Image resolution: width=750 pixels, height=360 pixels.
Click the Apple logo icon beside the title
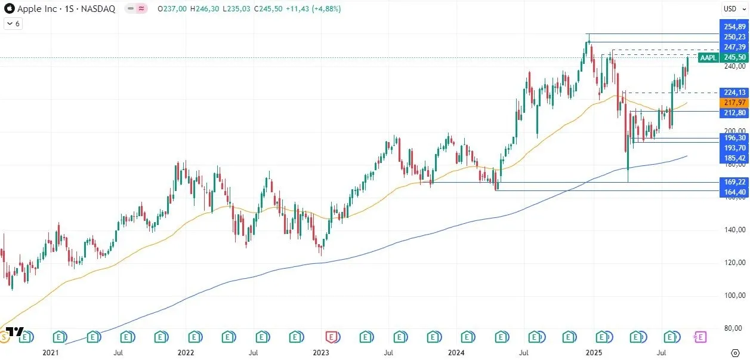pos(10,9)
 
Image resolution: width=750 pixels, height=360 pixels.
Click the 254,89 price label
pos(734,27)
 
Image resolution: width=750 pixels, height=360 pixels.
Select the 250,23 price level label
pos(734,37)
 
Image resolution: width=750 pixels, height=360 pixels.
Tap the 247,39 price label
pos(734,47)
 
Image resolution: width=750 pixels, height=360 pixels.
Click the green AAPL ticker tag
pos(709,57)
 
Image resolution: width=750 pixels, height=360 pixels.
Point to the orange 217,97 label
pos(734,103)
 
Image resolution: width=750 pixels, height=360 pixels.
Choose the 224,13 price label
pos(734,93)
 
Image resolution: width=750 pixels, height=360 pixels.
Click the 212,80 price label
pos(734,113)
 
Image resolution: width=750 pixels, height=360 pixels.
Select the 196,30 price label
pos(734,137)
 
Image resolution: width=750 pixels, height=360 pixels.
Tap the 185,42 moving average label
pos(734,158)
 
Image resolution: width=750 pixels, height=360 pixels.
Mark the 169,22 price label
pos(734,182)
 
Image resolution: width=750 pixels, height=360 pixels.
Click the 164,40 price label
pos(734,192)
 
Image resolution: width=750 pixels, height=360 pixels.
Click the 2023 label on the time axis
pos(321,353)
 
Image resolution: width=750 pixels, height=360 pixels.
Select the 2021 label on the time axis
pos(51,353)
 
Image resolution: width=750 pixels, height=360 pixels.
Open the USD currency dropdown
pos(731,9)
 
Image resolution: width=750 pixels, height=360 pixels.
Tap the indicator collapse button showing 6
pos(13,24)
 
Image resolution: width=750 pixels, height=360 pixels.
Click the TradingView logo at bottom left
pos(16,332)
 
